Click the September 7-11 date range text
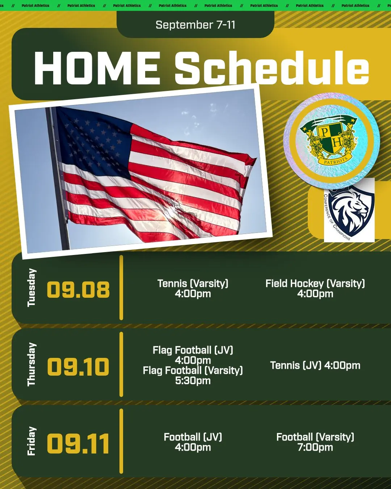(195, 25)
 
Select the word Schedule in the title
(272, 67)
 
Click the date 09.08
(78, 289)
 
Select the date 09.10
(78, 366)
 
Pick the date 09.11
(78, 444)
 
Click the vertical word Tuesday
(31, 288)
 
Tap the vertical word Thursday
(31, 364)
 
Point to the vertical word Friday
(31, 441)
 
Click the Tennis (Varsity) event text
(193, 283)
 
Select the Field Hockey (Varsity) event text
(315, 283)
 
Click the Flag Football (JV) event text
(193, 350)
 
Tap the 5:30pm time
(193, 380)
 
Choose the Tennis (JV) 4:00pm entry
(315, 365)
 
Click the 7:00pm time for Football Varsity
(315, 447)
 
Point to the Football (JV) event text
(193, 437)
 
